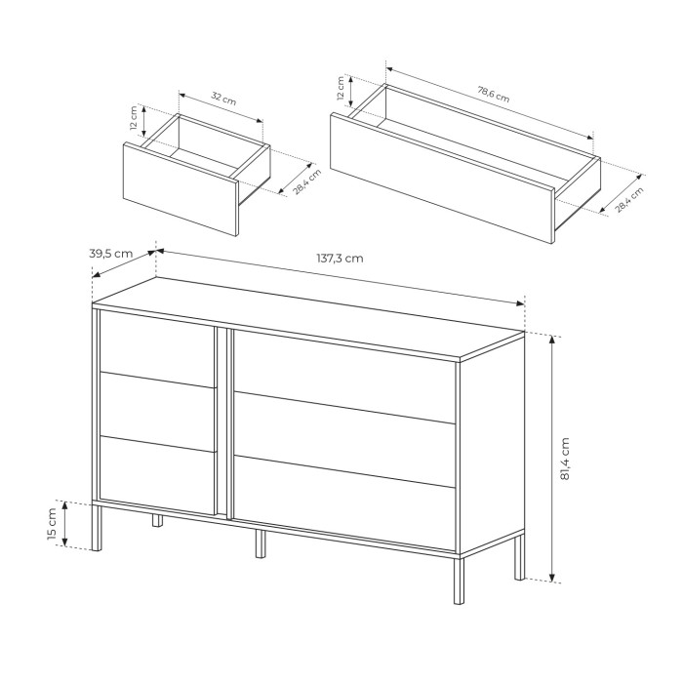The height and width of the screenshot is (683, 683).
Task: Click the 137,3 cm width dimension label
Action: [x=340, y=259]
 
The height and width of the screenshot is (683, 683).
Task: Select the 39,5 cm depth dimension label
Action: [x=110, y=254]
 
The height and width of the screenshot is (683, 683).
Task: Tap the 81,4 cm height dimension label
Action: [x=565, y=459]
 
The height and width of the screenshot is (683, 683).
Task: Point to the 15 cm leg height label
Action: [x=52, y=524]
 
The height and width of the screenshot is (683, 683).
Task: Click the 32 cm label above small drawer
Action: [x=223, y=99]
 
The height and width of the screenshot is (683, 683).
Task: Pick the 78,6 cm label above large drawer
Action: [x=494, y=95]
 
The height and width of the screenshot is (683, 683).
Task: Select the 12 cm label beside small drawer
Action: [x=134, y=118]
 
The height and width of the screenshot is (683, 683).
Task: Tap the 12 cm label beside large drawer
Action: [x=341, y=89]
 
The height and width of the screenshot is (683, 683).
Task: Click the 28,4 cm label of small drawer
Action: [x=306, y=181]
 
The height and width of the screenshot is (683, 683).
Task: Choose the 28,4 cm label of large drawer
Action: [x=629, y=199]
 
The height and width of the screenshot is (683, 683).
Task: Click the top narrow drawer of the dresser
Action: [x=158, y=348]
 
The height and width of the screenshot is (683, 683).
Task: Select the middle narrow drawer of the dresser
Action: [x=158, y=412]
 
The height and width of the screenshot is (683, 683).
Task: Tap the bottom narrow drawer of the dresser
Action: [x=158, y=475]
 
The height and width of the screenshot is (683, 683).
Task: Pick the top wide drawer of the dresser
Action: [x=344, y=377]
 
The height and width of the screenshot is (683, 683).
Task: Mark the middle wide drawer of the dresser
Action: [x=344, y=439]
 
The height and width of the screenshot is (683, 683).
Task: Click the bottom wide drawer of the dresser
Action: [x=344, y=503]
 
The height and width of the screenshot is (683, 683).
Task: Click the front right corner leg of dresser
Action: [x=459, y=581]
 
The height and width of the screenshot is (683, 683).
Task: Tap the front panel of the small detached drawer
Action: [x=181, y=189]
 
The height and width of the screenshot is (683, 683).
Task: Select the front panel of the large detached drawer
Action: [x=442, y=178]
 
